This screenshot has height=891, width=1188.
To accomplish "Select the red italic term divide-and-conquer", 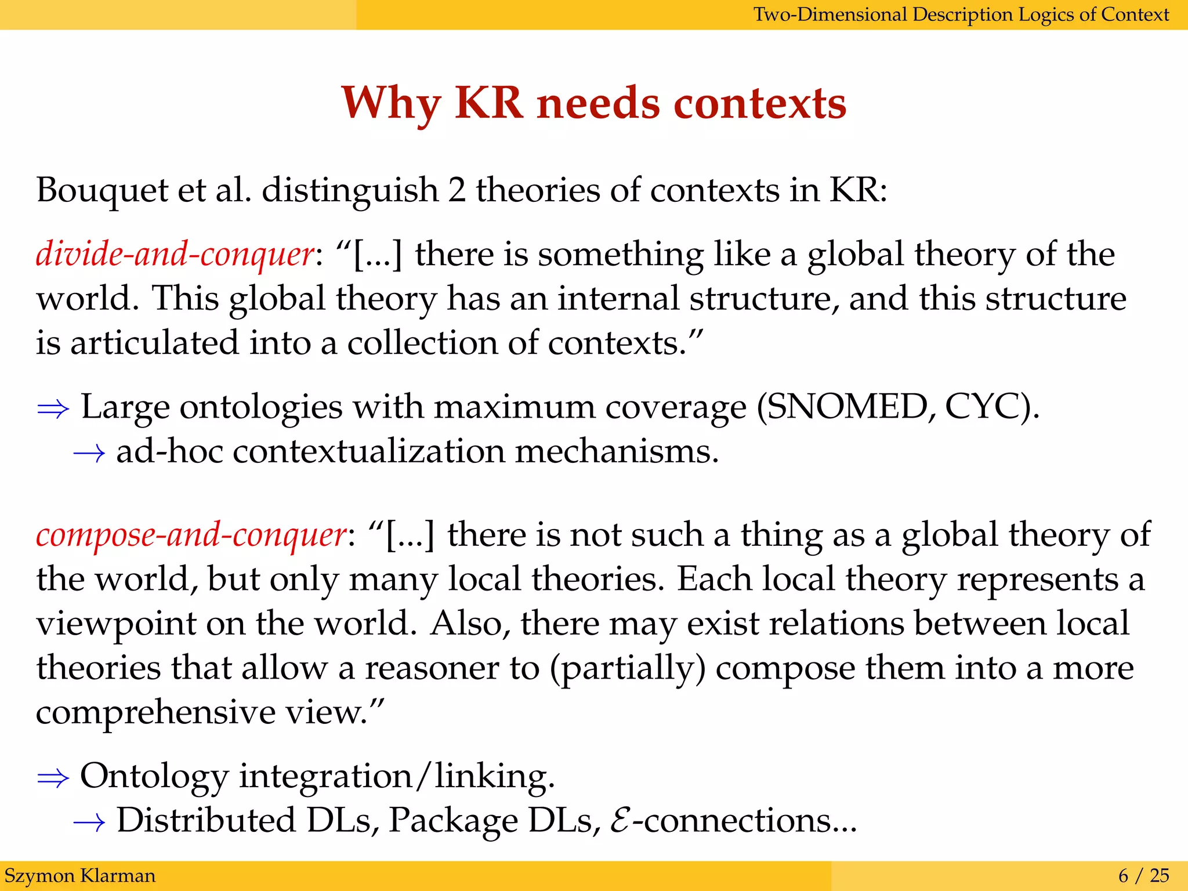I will (175, 254).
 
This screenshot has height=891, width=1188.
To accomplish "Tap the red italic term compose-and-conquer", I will (191, 534).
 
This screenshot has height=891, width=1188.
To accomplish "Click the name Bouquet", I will (102, 190).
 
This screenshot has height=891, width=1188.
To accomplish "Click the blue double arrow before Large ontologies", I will (53, 409).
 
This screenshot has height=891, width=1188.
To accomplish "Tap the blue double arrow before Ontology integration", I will (53, 778).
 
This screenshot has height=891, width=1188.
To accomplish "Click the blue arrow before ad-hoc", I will (89, 453).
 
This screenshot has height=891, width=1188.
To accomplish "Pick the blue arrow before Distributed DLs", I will (89, 822).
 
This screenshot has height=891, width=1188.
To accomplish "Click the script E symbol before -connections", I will (620, 821).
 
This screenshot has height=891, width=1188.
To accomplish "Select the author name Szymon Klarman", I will (80, 875).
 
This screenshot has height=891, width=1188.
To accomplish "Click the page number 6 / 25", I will (1143, 875).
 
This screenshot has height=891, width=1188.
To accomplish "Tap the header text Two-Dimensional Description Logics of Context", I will (961, 14).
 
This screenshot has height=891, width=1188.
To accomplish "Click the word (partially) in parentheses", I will (628, 668).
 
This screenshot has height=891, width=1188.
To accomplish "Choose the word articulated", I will (154, 343).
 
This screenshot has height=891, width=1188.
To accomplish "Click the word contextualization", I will (369, 451).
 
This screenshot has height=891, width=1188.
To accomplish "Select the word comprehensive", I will (155, 712).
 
